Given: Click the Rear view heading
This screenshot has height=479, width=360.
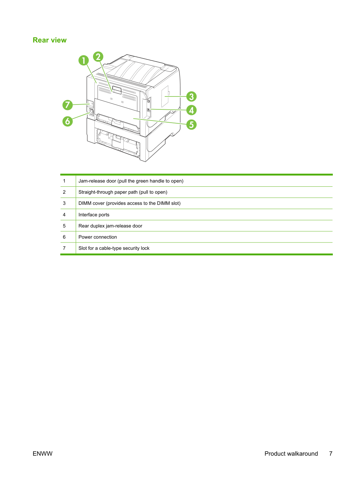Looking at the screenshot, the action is [x=49, y=40].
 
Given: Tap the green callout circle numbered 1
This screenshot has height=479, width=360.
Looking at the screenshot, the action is [x=84, y=60].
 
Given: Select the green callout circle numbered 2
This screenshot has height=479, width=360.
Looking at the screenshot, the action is [x=98, y=57].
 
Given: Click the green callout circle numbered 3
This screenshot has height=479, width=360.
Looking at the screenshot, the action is [x=191, y=96].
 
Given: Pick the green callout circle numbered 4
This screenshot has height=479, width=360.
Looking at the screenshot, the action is [x=191, y=110].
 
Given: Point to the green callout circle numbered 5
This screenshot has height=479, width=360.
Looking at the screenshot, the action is [x=191, y=125].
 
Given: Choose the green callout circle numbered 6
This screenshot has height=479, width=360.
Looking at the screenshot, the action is [x=68, y=121].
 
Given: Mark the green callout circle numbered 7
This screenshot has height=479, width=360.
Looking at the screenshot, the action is [x=68, y=105].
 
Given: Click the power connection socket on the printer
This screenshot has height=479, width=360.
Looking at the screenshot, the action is [x=91, y=112].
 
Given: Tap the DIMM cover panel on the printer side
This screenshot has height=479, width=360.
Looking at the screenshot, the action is [x=165, y=96].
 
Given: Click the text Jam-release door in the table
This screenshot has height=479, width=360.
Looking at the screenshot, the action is [x=97, y=181].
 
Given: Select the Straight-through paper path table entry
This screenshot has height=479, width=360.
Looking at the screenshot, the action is [x=123, y=192].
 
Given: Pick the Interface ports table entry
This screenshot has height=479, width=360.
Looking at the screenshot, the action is [x=94, y=215].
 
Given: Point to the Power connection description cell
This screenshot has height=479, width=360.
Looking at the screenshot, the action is [x=98, y=237].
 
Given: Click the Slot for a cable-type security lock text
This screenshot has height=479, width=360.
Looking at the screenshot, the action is [x=114, y=248].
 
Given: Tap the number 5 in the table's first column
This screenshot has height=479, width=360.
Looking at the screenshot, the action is [x=64, y=226].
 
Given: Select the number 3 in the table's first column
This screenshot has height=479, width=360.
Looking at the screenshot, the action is [x=64, y=203].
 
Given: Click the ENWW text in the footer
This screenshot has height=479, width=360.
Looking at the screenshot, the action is [x=43, y=454].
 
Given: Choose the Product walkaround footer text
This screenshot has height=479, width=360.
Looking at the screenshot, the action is [x=291, y=454].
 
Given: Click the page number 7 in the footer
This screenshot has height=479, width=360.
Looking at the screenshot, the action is [x=331, y=454].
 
